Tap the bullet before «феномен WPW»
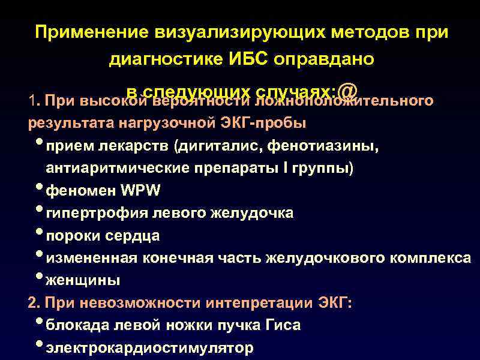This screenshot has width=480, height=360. coord(39,190)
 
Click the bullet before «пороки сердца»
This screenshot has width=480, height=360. coord(39,234)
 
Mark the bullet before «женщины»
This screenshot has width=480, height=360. coord(39,278)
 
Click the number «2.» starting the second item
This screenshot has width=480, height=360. coord(34,303)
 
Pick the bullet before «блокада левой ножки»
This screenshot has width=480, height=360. coord(39,323)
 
